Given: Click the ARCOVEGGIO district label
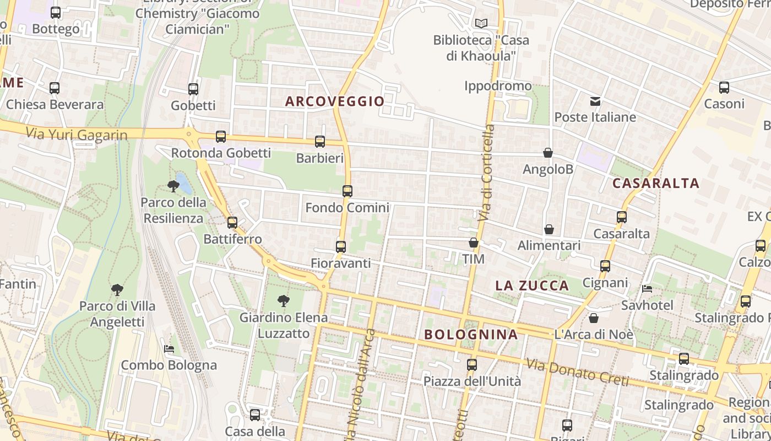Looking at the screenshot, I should (x=335, y=101).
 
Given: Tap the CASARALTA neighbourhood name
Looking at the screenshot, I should (x=656, y=184).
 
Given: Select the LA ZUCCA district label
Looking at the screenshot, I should (x=532, y=286).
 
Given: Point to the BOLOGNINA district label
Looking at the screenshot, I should (x=471, y=335).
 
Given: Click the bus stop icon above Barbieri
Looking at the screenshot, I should (x=320, y=142).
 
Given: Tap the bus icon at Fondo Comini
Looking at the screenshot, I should (x=348, y=191).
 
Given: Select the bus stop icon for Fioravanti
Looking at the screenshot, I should (x=341, y=246).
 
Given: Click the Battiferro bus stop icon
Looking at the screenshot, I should (x=232, y=223).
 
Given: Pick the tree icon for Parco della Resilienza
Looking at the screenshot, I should (x=173, y=186).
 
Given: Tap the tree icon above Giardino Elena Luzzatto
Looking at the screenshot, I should (x=284, y=301).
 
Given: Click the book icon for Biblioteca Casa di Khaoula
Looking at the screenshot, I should (x=481, y=24).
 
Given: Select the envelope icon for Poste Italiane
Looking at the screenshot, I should (x=595, y=101).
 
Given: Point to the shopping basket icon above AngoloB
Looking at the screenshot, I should (x=548, y=153).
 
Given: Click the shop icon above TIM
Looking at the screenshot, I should (x=474, y=243).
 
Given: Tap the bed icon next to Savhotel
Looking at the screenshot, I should (x=647, y=288).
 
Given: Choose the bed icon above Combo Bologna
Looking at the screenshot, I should (x=169, y=348).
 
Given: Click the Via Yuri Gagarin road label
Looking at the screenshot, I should (x=77, y=134).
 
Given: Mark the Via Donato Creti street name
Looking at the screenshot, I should (x=577, y=372).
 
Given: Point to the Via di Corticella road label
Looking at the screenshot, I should (x=487, y=173).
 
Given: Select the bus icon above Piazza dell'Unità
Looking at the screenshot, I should (x=472, y=364).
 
